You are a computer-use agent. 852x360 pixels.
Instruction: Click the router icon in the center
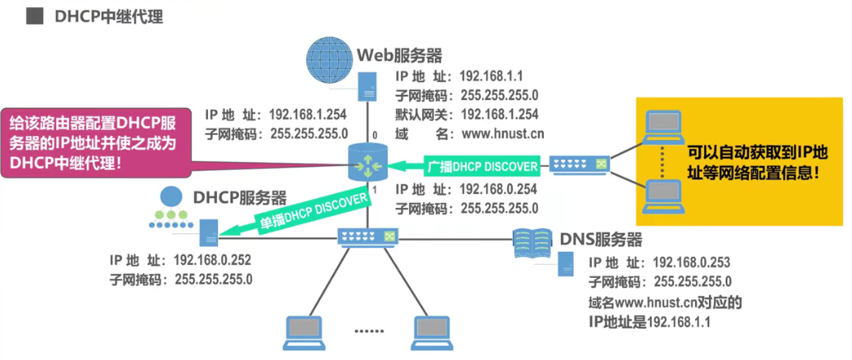[x=365, y=163]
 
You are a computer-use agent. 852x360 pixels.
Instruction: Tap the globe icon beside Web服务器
[x=330, y=59]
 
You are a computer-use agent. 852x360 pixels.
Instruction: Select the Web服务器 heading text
[x=400, y=55]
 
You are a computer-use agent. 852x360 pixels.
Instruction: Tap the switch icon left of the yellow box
[x=580, y=165]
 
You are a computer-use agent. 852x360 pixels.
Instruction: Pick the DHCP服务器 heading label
[x=239, y=197]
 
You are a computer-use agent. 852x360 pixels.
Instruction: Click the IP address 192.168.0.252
[x=213, y=261]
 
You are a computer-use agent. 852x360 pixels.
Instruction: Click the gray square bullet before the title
[x=34, y=16]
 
